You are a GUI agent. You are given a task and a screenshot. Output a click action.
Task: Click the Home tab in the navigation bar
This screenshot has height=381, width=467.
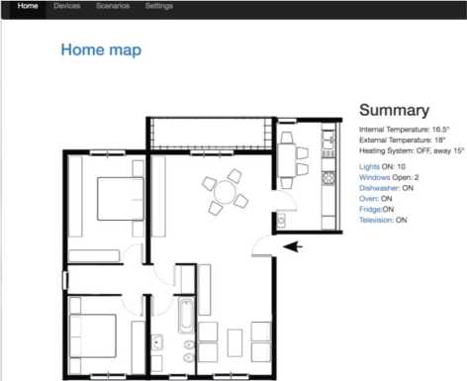[x=28, y=6]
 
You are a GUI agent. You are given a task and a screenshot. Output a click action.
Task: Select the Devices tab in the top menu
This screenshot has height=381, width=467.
[x=67, y=6]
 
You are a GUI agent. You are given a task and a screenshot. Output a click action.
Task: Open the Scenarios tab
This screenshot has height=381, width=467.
[x=113, y=6]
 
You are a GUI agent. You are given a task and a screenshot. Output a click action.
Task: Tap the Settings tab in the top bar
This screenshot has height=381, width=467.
[x=159, y=6]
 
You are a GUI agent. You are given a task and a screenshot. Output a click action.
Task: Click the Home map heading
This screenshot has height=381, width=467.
[x=101, y=50]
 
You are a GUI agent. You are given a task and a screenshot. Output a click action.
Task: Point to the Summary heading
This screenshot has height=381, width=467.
[x=395, y=110]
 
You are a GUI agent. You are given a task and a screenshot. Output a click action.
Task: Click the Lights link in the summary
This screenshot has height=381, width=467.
[x=369, y=167]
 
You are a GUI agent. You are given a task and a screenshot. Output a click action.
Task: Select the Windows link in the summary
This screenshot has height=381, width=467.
[x=375, y=177]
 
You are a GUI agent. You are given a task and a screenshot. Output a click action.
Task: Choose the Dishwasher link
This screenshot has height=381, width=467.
[x=379, y=188]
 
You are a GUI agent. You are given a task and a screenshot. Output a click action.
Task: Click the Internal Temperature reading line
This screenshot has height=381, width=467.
[x=405, y=130]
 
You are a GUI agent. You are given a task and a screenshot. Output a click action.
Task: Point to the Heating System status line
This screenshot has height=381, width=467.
[x=412, y=151]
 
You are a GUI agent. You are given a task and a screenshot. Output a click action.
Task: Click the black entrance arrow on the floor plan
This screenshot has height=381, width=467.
[x=293, y=246]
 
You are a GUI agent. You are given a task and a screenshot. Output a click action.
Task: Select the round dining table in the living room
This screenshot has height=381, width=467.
[x=226, y=192]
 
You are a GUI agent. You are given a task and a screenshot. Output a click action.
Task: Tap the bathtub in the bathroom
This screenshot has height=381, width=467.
[x=186, y=316]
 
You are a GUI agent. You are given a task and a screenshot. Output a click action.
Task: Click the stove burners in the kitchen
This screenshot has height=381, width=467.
[x=328, y=178]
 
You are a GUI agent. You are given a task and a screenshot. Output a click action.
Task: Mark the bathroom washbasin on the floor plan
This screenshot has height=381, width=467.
[x=157, y=342]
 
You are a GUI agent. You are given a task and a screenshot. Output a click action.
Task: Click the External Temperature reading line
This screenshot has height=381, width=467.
[x=403, y=141]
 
